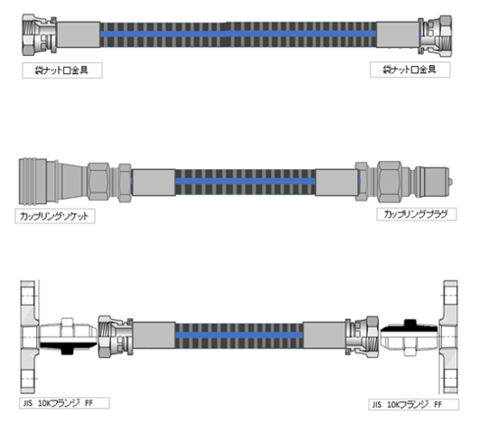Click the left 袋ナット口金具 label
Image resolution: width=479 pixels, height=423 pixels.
(62, 70)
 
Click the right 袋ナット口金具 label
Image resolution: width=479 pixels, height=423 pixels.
(410, 70)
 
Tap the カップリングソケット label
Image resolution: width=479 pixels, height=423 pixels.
(55, 216)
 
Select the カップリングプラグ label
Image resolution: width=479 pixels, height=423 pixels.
(417, 214)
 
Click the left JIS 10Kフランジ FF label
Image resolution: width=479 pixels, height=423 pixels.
(64, 403)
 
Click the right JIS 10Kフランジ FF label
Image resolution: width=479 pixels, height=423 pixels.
(414, 405)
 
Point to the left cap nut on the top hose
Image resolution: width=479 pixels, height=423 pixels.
(39, 34)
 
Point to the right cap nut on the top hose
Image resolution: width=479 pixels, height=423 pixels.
(435, 36)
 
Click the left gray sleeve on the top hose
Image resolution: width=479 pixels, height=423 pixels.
(79, 34)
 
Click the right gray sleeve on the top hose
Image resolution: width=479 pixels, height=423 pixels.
(398, 34)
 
